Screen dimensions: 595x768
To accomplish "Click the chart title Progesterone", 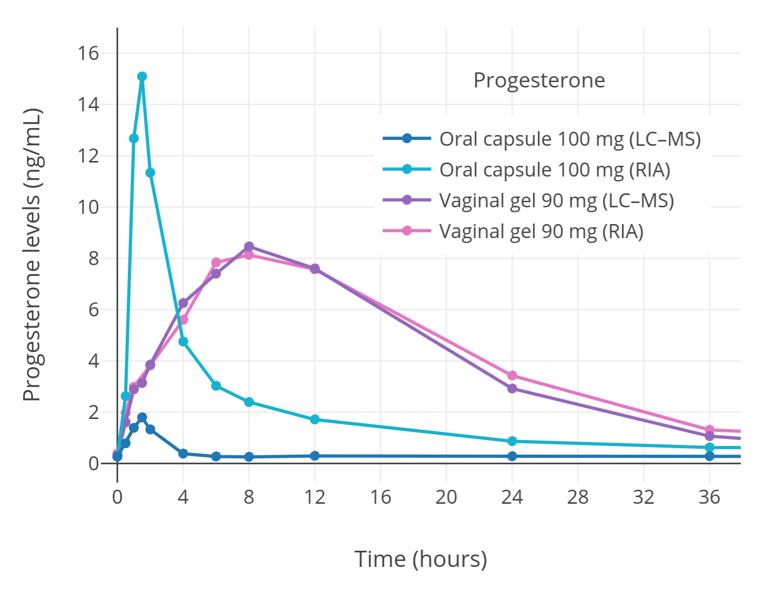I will [x=539, y=80].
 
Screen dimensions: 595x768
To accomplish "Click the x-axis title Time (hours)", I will [x=420, y=559].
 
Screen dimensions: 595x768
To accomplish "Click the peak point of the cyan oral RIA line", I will [x=142, y=77].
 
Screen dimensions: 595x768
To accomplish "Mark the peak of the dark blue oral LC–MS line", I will [x=142, y=417].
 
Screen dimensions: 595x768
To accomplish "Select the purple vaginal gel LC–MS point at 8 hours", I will [x=249, y=246].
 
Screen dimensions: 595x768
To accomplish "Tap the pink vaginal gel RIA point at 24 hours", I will [x=512, y=375].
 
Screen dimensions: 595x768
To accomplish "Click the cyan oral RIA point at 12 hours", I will [x=315, y=420].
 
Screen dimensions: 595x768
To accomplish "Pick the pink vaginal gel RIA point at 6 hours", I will [x=216, y=262].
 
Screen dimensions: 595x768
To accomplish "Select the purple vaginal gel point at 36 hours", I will [x=709, y=436].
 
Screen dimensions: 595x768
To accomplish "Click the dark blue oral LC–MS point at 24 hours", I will [x=512, y=456].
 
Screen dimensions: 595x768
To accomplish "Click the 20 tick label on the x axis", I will [x=446, y=497].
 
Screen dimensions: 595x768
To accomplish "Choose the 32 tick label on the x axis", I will [x=643, y=497].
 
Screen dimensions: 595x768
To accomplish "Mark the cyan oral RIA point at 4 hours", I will [x=183, y=342].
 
